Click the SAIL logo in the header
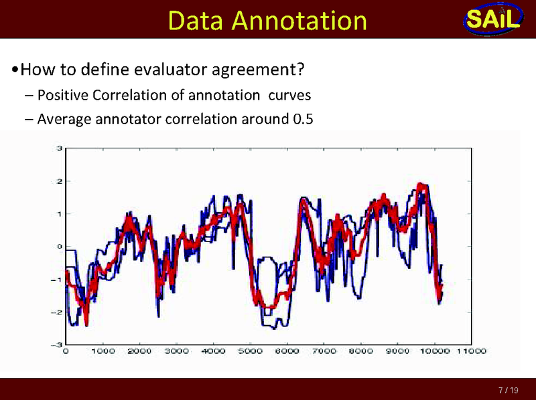[492, 19]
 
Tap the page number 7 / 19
[507, 389]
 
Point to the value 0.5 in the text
[303, 119]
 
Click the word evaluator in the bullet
[167, 69]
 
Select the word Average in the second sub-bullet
[64, 119]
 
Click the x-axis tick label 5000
[250, 351]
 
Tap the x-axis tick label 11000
[472, 351]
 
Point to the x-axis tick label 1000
[102, 351]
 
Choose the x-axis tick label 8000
[360, 351]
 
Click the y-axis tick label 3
[60, 148]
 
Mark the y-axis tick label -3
[58, 344]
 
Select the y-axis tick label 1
[60, 213]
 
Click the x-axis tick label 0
[66, 351]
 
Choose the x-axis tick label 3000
[176, 351]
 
